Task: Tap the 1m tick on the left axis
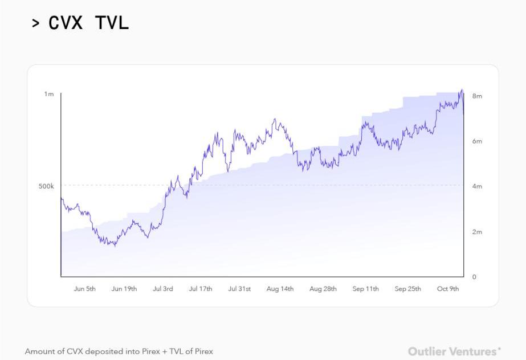pos(49,94)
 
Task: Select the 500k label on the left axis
pos(46,186)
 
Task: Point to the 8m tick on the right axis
pos(477,96)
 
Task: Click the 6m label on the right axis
pos(477,141)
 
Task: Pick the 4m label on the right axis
pos(477,186)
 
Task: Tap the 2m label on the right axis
pos(477,232)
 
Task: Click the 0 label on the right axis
pos(474,277)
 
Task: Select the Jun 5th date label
pos(85,289)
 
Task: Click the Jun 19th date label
pos(124,289)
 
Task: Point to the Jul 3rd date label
pos(163,289)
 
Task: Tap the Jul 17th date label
pos(201,289)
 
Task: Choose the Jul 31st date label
pos(239,289)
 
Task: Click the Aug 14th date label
pos(280,289)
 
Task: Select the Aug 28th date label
pos(323,289)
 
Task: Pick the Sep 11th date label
pos(366,289)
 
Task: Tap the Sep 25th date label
pos(408,289)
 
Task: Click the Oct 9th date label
pos(448,289)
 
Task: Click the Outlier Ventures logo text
pos(454,351)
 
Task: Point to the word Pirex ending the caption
pos(203,351)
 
